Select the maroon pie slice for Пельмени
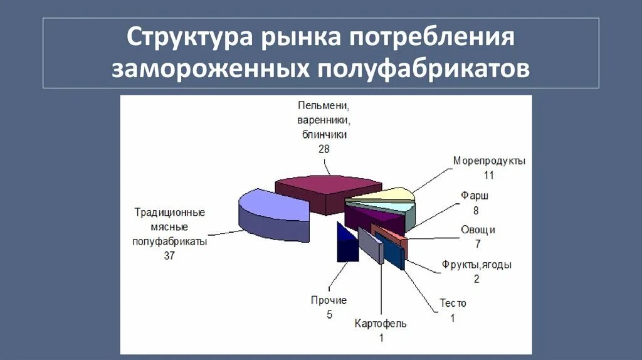326,188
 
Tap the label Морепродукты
489,161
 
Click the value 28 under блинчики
324,149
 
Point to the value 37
169,255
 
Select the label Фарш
475,196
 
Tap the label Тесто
453,304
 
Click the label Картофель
381,324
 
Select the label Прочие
329,300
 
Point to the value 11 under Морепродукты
489,174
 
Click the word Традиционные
169,212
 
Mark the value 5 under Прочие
329,315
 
